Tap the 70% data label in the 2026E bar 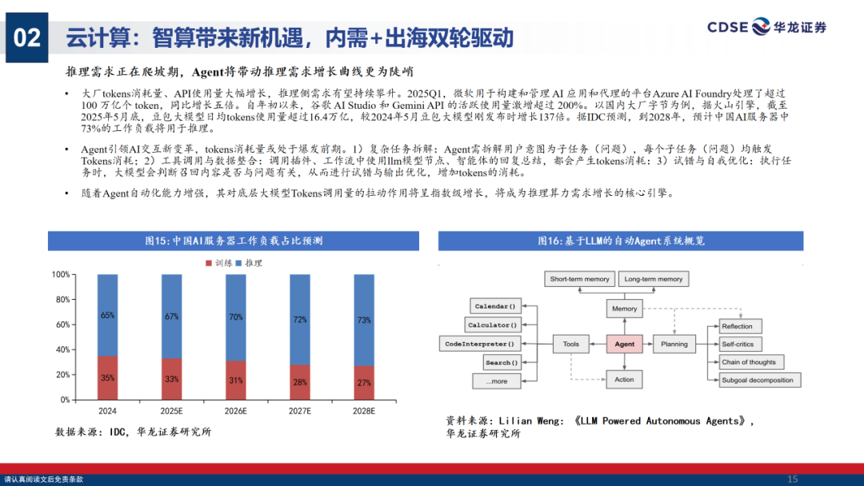point(236,317)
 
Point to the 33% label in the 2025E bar point(172,379)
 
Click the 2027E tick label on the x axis point(300,411)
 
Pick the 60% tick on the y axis point(62,325)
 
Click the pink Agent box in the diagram point(624,345)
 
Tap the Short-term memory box point(580,279)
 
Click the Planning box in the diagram point(674,345)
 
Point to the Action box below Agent point(624,380)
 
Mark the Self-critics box point(738,345)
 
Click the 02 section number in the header point(27,38)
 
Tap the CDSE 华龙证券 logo point(766,28)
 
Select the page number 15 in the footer point(793,479)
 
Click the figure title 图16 point(621,241)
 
